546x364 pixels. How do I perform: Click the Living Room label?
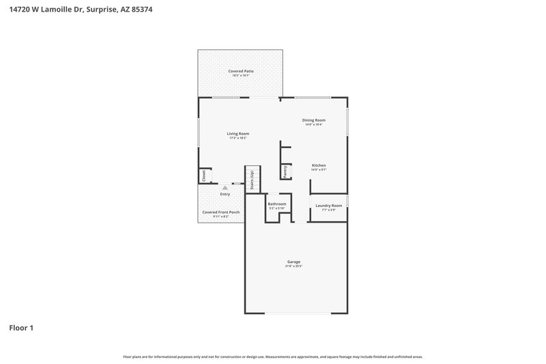pos(238,133)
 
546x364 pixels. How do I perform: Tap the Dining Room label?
pos(314,120)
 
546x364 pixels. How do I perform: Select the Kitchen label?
pos(319,165)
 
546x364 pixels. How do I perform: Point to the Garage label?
pos(293,262)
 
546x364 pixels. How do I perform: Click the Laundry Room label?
pos(329,205)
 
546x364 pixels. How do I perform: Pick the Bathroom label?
pos(276,204)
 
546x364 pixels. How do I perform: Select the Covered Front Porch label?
pos(220,212)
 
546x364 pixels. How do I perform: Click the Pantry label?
pos(285,171)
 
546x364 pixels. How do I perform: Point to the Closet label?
pos(204,176)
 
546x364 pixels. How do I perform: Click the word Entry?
pos(225,194)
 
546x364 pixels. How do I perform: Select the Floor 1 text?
pos(21,328)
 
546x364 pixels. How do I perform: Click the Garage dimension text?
pos(293,266)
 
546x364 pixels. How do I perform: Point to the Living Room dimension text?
pos(238,138)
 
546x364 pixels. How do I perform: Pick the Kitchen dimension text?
pos(319,170)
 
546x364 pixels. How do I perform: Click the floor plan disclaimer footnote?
pos(273,356)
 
